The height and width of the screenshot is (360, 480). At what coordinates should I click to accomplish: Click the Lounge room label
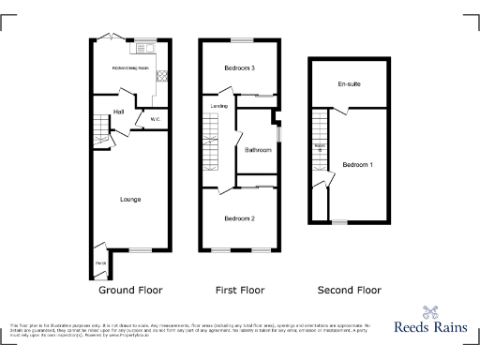point(130,199)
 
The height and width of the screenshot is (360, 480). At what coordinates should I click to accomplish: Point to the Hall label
point(119,112)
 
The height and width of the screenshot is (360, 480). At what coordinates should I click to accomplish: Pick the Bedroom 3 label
point(240,68)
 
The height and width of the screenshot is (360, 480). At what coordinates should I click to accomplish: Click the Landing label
point(219,106)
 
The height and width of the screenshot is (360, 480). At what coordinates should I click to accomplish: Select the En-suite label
point(350,84)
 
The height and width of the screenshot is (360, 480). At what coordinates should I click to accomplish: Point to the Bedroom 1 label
point(357,165)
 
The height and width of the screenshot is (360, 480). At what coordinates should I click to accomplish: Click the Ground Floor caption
point(130,291)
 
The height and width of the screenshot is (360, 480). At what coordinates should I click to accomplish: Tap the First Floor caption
point(240,291)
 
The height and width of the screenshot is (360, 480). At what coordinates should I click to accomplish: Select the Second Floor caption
point(349,291)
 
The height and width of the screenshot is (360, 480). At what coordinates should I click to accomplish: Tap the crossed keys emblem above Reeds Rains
point(430,313)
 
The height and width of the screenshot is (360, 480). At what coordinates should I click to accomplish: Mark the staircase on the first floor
point(210,140)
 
